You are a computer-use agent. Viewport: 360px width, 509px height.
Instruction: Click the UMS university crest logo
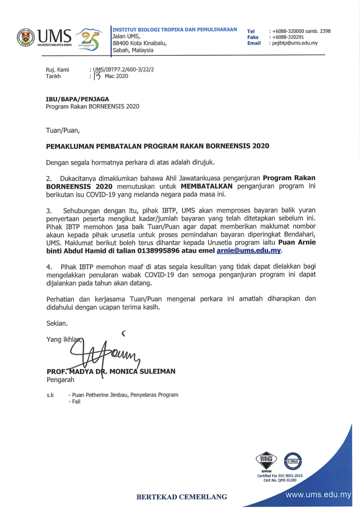pos(26,38)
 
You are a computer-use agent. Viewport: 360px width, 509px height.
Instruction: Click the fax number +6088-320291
pos(288,37)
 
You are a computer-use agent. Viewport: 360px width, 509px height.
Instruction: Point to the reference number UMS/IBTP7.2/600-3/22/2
pos(123,69)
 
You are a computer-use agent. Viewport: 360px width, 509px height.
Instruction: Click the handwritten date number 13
pos(97,76)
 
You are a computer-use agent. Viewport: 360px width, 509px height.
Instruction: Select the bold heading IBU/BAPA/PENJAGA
pos(77,99)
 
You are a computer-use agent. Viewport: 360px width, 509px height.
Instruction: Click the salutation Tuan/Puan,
pos(63,130)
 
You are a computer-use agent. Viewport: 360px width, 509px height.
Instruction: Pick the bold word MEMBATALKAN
pos(206,186)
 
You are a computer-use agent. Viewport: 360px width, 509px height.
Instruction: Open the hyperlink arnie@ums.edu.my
pos(249,251)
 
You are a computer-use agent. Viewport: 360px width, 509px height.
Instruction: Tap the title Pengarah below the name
pos(61,380)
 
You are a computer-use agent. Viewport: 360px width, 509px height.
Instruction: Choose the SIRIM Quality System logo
pos(266,461)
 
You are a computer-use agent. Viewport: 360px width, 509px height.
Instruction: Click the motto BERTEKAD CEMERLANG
pos(181,497)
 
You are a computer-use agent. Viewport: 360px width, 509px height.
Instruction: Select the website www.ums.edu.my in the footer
pos(318,495)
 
